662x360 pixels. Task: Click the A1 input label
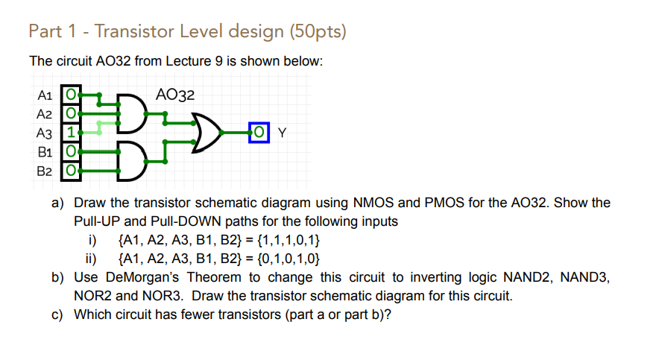tap(44, 95)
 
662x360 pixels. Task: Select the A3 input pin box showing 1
tap(70, 133)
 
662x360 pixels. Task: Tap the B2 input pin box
tap(70, 171)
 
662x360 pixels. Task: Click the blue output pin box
tap(259, 133)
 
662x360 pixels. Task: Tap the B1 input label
tap(44, 152)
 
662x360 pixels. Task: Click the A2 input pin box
tap(70, 114)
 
